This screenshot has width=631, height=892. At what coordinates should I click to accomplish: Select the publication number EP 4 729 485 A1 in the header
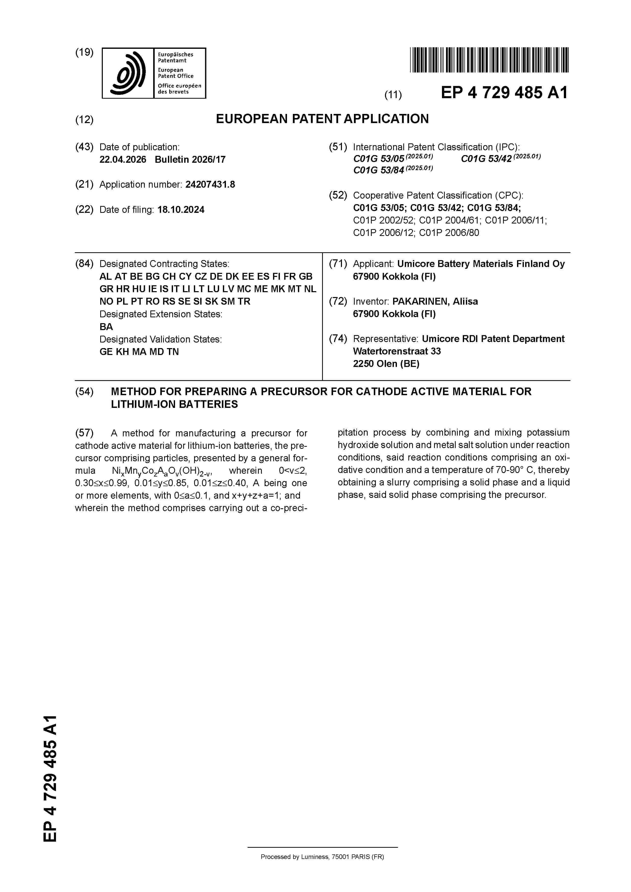504,93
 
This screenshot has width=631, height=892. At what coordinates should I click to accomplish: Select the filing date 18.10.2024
181,210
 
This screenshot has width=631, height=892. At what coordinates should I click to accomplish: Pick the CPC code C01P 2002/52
384,220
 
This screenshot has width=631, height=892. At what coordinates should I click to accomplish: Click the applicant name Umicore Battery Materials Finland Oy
481,264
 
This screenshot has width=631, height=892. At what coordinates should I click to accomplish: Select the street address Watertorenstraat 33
397,351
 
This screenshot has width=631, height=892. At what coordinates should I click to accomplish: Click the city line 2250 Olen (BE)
386,364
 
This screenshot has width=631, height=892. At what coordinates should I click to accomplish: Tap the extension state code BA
106,327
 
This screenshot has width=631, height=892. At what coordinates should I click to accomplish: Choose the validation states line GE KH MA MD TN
139,352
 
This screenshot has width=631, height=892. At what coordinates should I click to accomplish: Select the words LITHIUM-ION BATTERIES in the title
174,405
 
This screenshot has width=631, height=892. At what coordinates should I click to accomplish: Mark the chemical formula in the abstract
164,471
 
